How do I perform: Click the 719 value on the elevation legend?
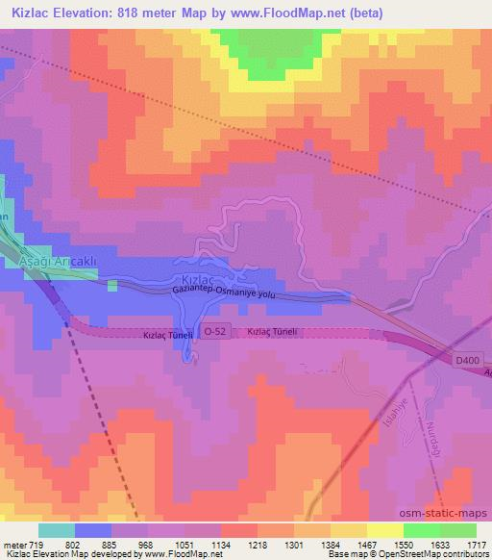point(37,544)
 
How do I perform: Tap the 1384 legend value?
point(330,544)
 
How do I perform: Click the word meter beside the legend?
point(12,544)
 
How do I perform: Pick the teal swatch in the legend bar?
point(56,530)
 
